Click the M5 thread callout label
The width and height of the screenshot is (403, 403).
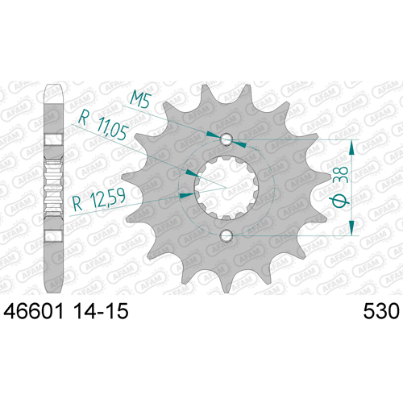tap(139, 99)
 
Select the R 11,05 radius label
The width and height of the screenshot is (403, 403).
tap(103, 126)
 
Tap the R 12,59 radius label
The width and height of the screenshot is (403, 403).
tap(99, 199)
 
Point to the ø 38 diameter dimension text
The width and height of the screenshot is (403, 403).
tap(340, 187)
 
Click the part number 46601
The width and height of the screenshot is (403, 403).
tap(33, 311)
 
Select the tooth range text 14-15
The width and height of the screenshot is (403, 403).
tap(101, 311)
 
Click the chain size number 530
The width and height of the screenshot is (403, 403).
tap(381, 311)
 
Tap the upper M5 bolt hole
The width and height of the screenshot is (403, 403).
tap(226, 139)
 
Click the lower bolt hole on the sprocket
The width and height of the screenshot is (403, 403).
tap(226, 235)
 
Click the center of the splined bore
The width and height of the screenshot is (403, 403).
tap(226, 188)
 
